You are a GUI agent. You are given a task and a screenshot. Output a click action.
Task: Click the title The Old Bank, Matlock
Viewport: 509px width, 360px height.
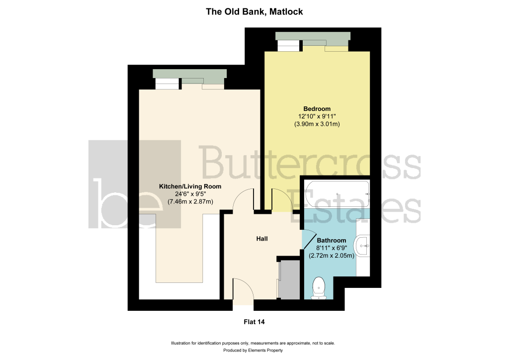click(254, 12)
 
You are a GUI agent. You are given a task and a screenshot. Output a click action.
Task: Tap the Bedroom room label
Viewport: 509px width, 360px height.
click(317, 109)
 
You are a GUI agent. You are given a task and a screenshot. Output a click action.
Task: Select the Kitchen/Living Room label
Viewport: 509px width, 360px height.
click(190, 186)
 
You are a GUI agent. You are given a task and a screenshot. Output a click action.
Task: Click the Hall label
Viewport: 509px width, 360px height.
click(262, 239)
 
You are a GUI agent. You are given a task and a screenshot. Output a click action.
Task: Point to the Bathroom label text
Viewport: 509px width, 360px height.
click(332, 241)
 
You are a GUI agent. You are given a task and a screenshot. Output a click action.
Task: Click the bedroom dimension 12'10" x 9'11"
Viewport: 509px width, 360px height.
click(317, 116)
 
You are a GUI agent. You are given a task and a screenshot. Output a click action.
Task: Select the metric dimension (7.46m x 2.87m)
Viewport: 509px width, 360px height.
click(190, 201)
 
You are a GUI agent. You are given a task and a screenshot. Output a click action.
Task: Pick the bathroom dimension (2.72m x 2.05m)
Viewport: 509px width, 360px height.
click(332, 256)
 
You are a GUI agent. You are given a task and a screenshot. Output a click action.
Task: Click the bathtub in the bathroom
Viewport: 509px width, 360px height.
click(337, 194)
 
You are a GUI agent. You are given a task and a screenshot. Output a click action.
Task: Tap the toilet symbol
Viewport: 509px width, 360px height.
click(319, 288)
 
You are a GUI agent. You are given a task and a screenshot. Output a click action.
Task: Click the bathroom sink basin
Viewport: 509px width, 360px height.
click(363, 246)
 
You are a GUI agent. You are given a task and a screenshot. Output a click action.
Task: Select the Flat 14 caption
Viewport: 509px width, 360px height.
click(254, 322)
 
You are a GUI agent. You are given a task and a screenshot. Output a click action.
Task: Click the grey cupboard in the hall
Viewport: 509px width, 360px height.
click(289, 279)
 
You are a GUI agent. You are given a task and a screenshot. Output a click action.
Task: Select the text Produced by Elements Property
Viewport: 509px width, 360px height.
click(253, 351)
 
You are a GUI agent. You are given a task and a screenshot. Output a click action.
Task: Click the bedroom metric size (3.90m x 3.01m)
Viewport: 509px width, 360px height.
click(317, 124)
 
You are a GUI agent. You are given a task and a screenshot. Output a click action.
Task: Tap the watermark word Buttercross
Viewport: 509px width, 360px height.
click(311, 162)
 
